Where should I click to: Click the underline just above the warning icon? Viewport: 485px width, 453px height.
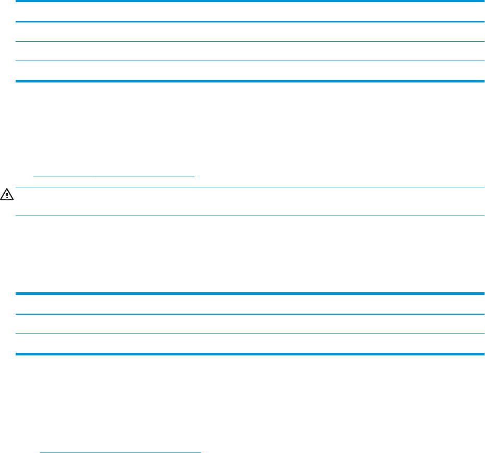114,176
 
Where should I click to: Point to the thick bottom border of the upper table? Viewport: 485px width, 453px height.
250,81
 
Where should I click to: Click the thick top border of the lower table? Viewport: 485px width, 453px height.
250,294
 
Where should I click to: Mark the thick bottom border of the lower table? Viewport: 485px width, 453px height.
250,354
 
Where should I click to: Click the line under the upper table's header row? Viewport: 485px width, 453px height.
250,22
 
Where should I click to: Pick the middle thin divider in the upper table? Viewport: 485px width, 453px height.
250,42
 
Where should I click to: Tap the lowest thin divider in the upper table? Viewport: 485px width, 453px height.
250,61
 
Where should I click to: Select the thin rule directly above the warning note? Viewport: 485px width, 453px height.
250,187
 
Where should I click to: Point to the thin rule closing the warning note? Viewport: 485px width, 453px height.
250,216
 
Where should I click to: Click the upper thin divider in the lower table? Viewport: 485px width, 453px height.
250,314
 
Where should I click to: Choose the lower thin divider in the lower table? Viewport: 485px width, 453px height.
250,334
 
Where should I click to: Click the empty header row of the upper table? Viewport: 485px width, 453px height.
250,12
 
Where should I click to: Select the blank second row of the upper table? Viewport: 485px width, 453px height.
250,32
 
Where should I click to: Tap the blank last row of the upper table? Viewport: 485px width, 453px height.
250,71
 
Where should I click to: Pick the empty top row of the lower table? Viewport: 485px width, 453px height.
250,304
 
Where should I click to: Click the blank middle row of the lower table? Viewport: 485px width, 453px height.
250,324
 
